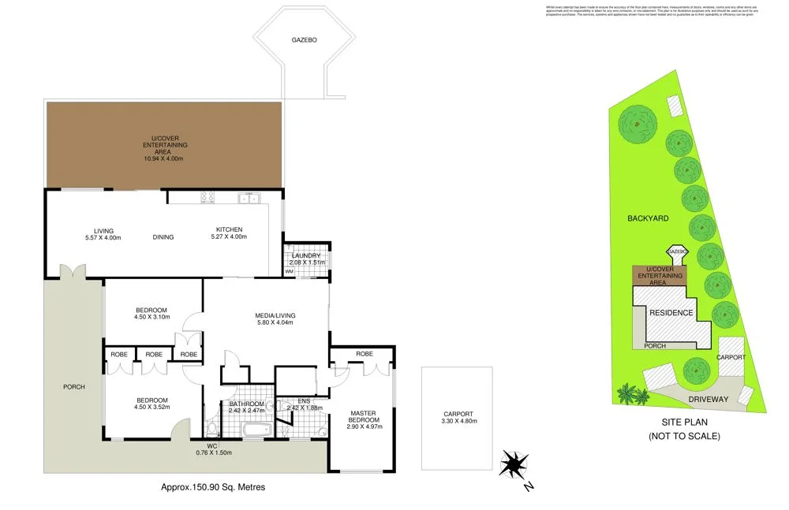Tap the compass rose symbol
[x=514, y=463]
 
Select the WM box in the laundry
[x=289, y=271]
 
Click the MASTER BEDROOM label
[x=365, y=419]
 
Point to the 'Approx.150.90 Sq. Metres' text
[x=213, y=487]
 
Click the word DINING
[x=163, y=237]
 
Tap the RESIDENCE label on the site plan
[x=671, y=313]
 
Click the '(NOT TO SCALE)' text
[x=684, y=436]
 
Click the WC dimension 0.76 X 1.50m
[x=212, y=452]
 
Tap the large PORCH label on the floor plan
[x=74, y=387]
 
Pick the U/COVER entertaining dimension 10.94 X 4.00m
[x=163, y=158]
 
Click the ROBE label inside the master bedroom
[x=364, y=355]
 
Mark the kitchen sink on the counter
[x=251, y=198]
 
